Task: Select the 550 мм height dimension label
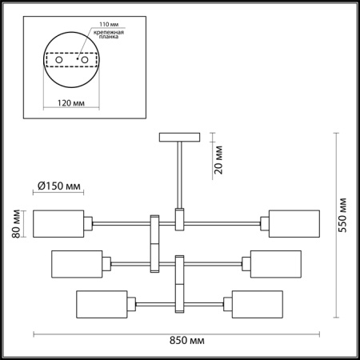[343, 214]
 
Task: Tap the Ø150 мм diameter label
[60, 186]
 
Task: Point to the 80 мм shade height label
[15, 223]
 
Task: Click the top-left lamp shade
[58, 223]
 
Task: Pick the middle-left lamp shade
[77, 263]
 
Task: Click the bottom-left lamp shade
[103, 304]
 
